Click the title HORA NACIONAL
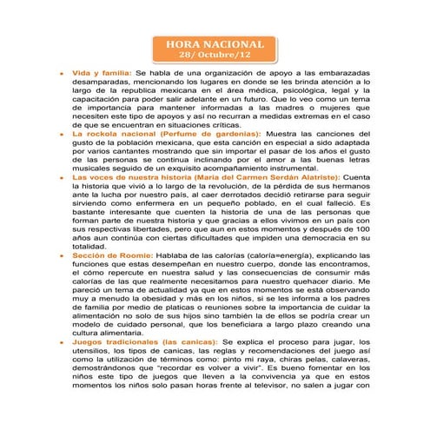[x=214, y=43]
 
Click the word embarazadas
[x=341, y=76]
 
